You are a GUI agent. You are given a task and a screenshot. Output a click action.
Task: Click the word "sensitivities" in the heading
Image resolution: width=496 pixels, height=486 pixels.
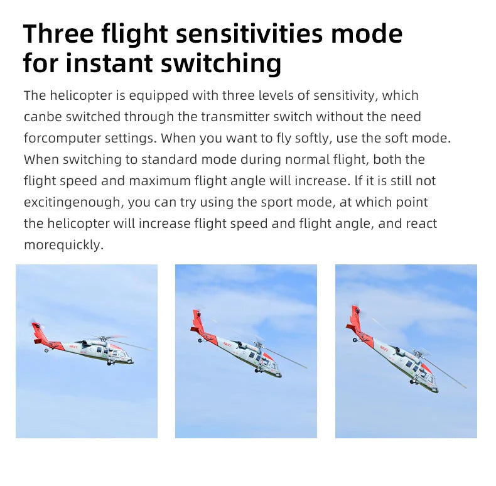pos(249,33)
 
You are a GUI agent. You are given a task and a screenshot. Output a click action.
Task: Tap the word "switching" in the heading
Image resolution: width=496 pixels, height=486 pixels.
pos(221,63)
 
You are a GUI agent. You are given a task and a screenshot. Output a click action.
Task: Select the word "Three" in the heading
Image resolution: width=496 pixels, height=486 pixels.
pos(58,33)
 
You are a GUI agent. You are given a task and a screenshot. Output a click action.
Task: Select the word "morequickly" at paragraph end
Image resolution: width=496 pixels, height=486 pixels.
pos(63,246)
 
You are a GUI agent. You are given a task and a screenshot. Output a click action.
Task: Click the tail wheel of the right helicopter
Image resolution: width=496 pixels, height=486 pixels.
pos(355,340)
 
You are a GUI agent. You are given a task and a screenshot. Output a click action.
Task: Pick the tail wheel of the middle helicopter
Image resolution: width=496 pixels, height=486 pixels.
pos(200,340)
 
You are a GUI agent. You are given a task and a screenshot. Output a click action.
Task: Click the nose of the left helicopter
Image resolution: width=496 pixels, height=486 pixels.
pos(131,360)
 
